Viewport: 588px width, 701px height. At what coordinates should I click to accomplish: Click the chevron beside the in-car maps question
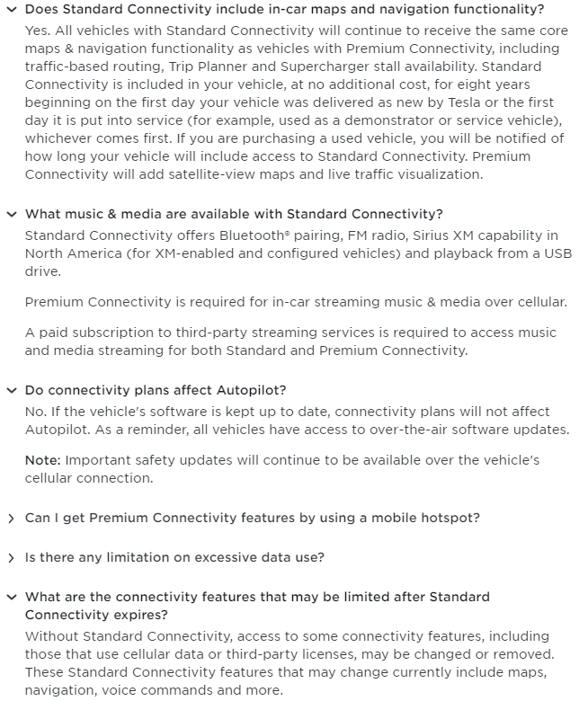[11, 10]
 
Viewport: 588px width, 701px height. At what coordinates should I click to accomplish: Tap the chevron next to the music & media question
[11, 214]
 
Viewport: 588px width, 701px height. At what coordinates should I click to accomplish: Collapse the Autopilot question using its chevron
[11, 390]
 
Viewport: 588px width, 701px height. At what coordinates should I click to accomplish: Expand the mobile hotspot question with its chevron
[11, 519]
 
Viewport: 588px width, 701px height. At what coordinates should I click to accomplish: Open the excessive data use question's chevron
[11, 558]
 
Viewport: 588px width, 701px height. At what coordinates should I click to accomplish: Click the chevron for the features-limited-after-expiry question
[11, 597]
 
